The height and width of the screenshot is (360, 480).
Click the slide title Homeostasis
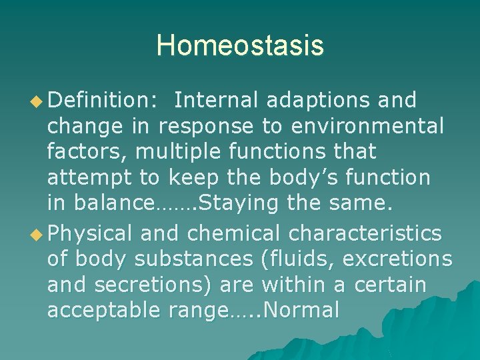pyautogui.click(x=240, y=46)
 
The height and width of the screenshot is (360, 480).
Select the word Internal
pyautogui.click(x=217, y=101)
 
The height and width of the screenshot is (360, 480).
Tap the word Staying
pyautogui.click(x=235, y=203)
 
